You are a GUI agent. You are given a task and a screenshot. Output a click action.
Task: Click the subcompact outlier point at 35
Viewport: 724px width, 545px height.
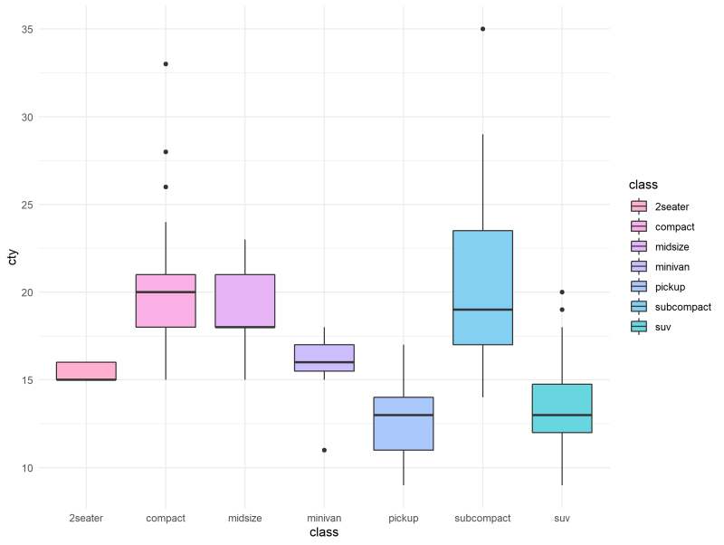[482, 29]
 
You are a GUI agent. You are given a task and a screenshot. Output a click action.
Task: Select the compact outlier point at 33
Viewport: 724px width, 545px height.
[166, 64]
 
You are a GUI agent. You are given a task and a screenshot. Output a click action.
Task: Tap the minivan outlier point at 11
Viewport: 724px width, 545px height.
[324, 450]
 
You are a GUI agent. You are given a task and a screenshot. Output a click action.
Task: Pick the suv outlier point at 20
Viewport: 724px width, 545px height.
[562, 292]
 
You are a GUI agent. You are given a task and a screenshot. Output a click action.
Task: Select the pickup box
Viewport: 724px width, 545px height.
[404, 424]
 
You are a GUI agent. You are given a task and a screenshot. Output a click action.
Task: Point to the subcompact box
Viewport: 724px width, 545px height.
[482, 288]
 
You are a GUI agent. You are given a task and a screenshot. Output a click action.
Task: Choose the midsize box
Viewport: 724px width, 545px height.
[245, 301]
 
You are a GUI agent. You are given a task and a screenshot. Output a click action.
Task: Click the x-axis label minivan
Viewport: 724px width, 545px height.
[324, 518]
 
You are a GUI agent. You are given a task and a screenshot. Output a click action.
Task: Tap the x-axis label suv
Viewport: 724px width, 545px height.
[562, 518]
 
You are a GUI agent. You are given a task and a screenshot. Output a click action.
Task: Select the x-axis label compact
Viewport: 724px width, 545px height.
[166, 518]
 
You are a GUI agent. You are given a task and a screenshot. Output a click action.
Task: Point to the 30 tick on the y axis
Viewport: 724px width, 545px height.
[29, 117]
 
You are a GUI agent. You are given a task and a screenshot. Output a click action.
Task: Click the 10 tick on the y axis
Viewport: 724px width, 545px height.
[29, 468]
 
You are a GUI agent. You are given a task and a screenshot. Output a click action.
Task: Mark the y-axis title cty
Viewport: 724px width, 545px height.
[12, 258]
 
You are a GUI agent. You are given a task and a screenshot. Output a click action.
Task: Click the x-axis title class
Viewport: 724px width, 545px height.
[323, 533]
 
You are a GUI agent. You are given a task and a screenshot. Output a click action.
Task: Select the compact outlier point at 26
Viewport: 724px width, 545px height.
[166, 187]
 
